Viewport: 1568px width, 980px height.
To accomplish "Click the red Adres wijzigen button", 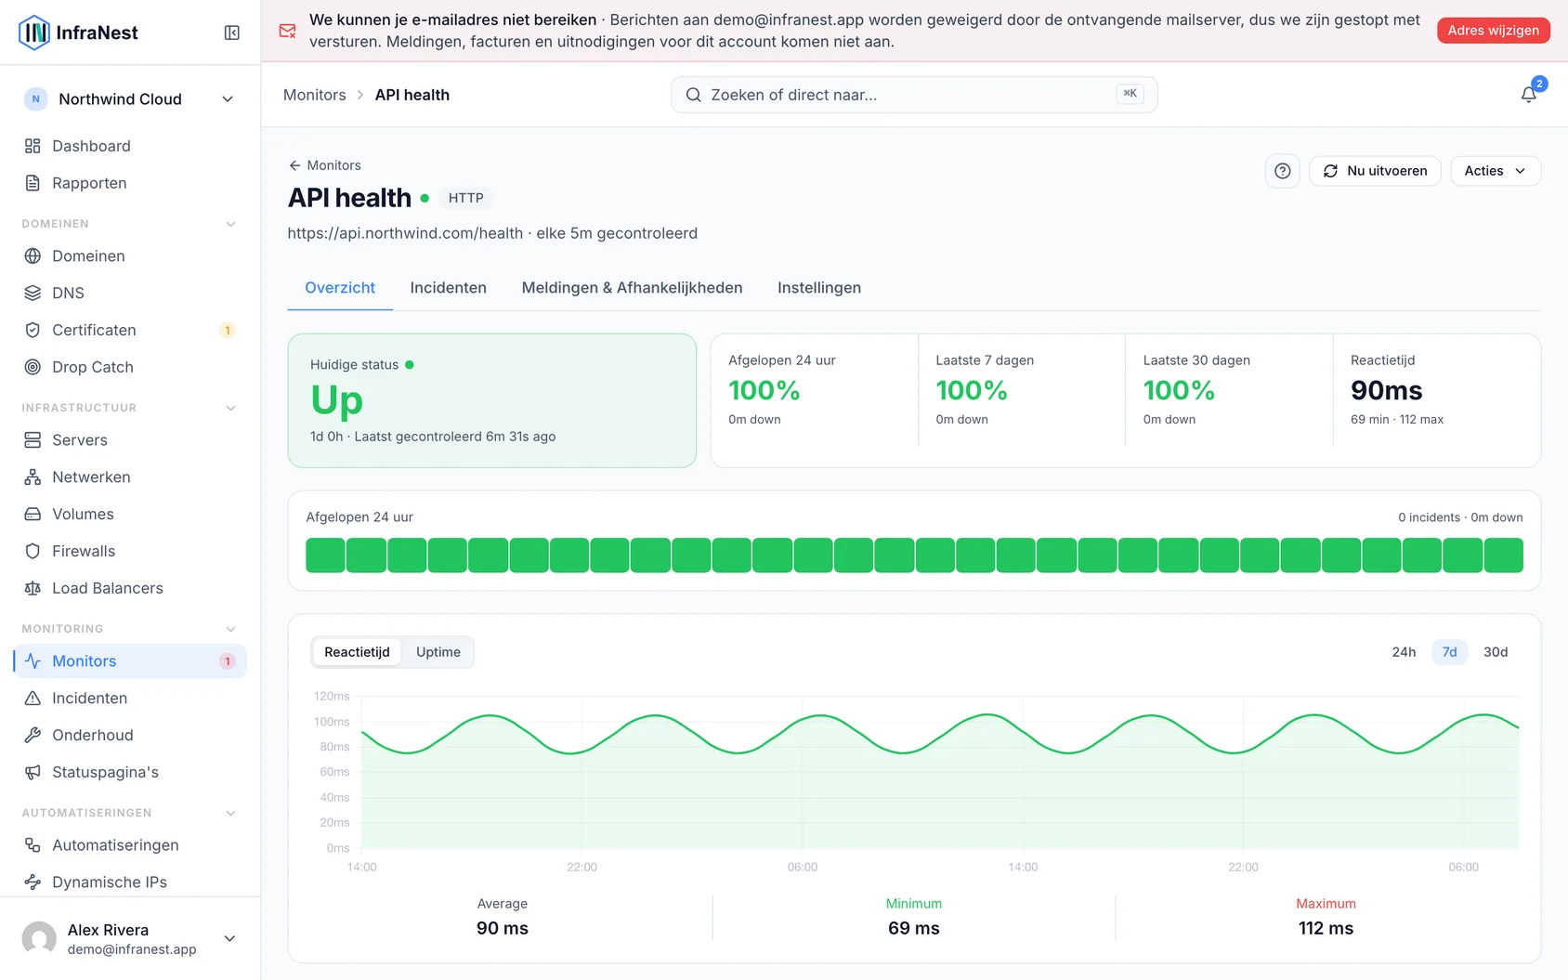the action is click(1493, 30).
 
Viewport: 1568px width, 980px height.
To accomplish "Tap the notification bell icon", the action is click(1528, 95).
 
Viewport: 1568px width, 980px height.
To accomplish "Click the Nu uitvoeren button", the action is click(1375, 171).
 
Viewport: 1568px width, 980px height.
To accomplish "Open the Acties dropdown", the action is click(1496, 171).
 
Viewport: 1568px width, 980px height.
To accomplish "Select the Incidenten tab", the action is click(448, 288).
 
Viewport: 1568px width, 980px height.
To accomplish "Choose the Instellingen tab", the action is click(819, 288).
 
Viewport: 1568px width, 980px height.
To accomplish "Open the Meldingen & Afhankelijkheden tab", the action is click(632, 288).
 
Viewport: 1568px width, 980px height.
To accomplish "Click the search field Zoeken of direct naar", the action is click(913, 95).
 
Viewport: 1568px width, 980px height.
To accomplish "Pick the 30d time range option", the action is click(1496, 652).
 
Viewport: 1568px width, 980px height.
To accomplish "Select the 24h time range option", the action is click(1404, 652).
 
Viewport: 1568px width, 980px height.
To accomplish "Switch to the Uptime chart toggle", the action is click(438, 652).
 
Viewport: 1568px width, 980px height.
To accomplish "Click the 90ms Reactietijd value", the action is click(1386, 390).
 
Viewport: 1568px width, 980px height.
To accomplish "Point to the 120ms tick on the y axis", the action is click(331, 696).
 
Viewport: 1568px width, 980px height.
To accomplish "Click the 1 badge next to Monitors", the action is click(227, 660).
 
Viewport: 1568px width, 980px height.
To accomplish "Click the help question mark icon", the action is click(1283, 171).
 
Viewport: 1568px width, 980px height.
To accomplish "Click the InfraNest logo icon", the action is click(34, 33).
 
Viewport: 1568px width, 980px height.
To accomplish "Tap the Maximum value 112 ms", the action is click(1326, 928).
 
